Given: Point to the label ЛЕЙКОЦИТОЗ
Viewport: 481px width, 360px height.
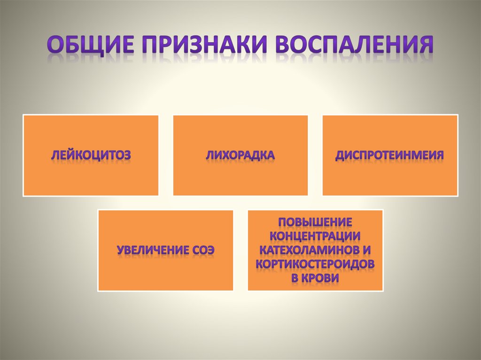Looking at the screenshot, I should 91,155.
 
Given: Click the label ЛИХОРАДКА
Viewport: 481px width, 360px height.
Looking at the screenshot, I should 240,155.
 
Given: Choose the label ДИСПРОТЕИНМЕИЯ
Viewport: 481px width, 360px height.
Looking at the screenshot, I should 390,155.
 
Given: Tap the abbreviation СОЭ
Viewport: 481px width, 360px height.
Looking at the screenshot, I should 203,249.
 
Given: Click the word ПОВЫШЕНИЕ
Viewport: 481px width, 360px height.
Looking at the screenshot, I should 315,221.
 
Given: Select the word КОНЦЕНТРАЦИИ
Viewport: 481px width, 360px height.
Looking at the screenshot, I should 315,235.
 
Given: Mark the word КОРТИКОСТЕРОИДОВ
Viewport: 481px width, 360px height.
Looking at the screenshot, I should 315,264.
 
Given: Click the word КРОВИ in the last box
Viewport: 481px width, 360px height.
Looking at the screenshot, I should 322,278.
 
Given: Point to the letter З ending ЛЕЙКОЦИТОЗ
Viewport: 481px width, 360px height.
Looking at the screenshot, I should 126,155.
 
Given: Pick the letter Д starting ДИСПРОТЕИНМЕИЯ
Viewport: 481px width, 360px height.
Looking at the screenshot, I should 340,155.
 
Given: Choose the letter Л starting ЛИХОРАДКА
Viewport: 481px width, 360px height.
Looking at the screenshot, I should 209,155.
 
